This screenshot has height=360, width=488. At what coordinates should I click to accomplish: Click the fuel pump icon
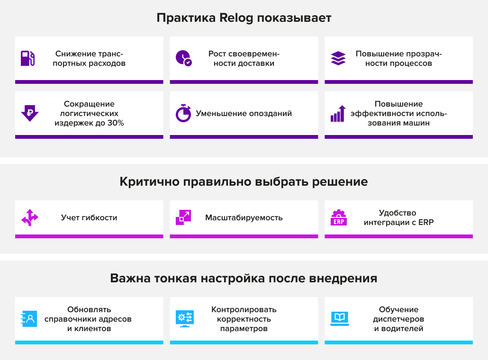27,58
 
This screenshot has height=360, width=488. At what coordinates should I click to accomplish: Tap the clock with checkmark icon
184,58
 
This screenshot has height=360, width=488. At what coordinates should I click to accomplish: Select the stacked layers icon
338,58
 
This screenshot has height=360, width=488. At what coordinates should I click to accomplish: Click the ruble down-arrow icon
29,113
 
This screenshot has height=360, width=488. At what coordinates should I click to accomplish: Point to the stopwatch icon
184,113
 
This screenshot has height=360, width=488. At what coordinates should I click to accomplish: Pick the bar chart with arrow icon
338,113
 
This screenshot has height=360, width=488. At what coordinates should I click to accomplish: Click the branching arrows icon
29,217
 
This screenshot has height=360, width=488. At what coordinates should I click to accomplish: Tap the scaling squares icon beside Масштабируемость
183,217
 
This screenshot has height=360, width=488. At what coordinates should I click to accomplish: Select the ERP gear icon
339,217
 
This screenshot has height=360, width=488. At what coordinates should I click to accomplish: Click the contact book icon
29,319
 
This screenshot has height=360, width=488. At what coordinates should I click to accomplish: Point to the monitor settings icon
185,319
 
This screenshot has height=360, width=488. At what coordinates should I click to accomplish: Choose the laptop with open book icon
340,319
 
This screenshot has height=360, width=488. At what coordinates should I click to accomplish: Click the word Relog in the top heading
236,18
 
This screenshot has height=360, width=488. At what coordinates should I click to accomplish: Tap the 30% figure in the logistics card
116,123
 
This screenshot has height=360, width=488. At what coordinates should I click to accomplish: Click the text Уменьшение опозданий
244,113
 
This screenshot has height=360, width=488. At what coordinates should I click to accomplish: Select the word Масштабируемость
244,217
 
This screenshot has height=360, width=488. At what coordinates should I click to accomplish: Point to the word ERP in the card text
426,223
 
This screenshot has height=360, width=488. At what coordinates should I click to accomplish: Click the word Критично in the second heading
149,182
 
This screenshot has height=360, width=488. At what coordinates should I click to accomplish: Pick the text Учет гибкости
89,217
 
